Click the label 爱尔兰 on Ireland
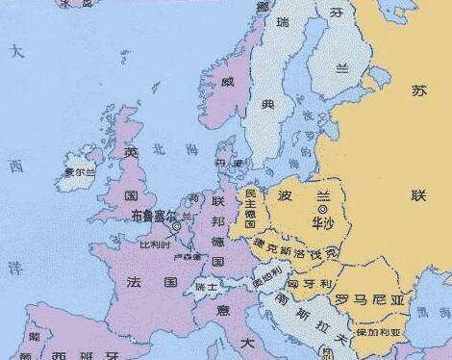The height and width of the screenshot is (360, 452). [79, 173]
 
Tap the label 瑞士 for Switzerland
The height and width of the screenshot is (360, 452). [206, 286]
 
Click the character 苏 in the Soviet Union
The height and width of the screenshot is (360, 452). [417, 91]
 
